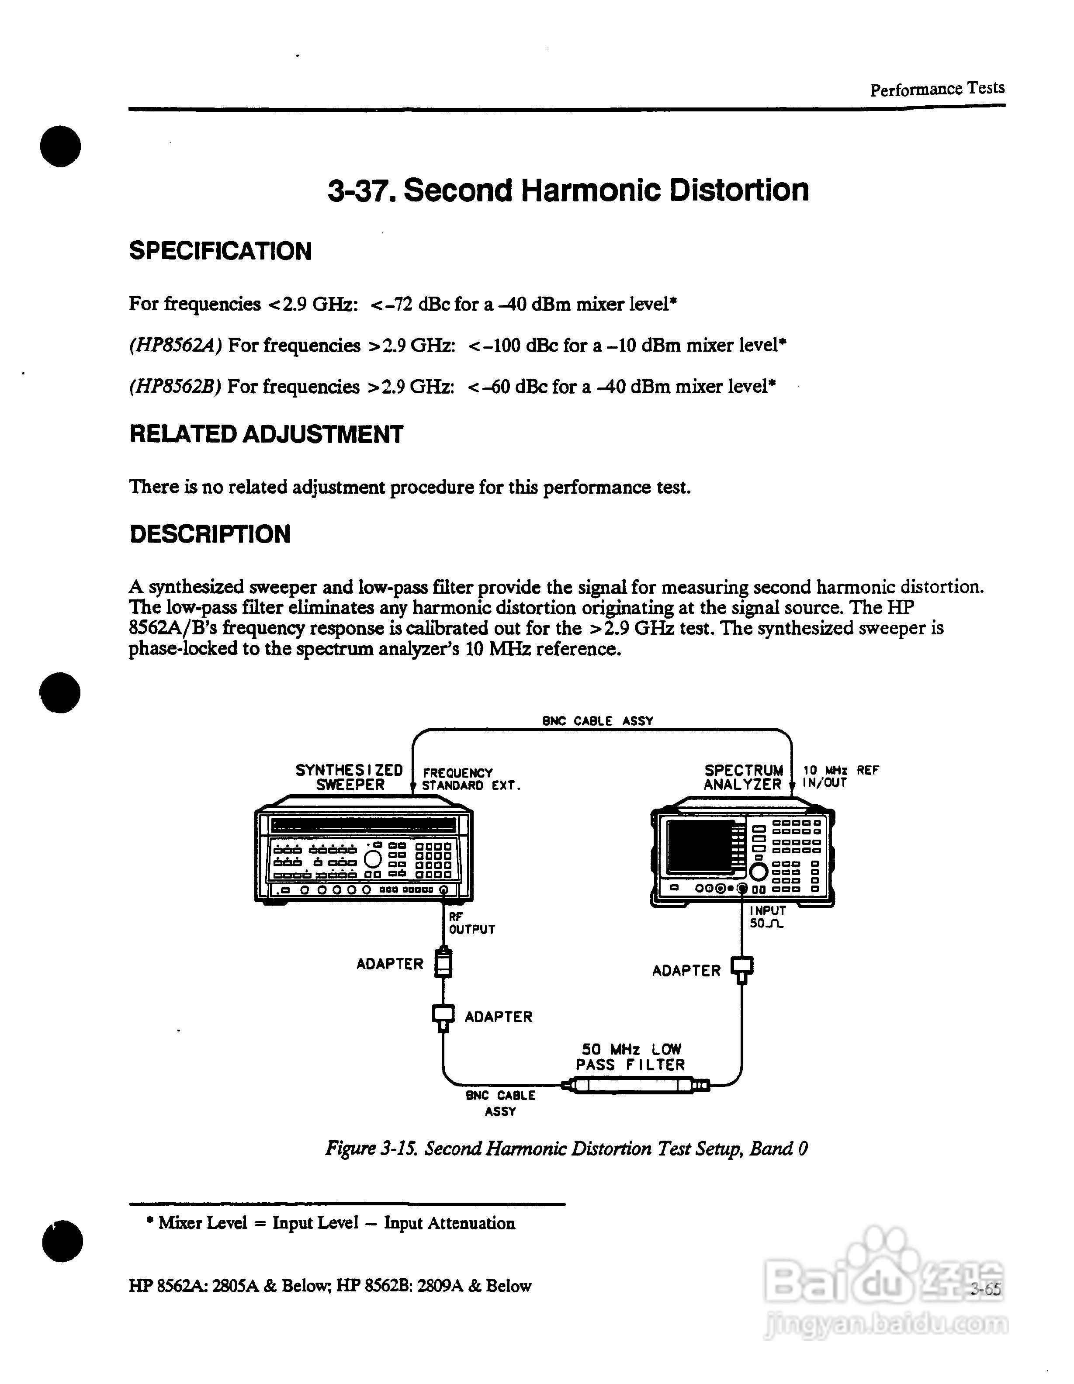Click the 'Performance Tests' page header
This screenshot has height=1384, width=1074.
coord(936,89)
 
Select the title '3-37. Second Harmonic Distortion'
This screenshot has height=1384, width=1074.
coord(568,190)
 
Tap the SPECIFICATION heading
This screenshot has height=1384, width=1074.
coord(221,251)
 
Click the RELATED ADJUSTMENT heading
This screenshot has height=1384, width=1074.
coord(266,435)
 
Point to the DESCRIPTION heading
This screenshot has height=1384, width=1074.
coord(210,534)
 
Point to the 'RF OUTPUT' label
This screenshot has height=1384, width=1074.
coord(471,923)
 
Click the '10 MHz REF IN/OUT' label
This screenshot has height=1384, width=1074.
coord(840,776)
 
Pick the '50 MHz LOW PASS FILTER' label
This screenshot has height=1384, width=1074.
coord(631,1057)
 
